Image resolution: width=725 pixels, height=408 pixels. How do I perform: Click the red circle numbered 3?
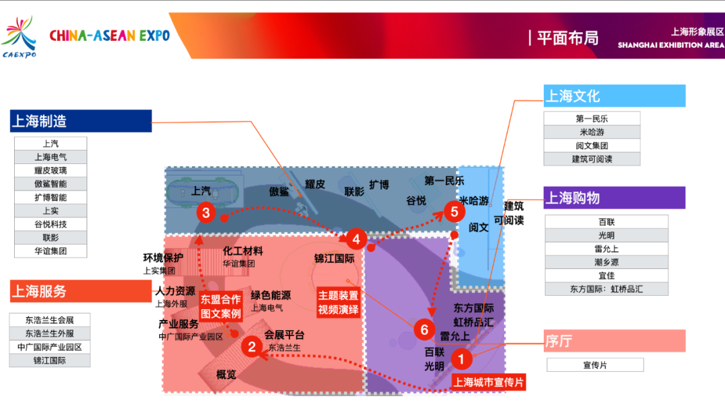pos(206,214)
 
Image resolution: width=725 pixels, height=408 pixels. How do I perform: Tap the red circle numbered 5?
pos(454,212)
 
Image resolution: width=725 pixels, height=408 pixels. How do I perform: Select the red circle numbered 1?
pos(461,359)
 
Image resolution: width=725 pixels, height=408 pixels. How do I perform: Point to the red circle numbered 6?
pos(424,329)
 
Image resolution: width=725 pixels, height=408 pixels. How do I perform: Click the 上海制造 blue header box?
pos(81,121)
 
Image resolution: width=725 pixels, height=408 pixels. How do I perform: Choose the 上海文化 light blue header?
pos(614,96)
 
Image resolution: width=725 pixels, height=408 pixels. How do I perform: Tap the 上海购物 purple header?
pos(614,198)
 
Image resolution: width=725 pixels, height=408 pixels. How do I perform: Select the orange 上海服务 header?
pos(81,291)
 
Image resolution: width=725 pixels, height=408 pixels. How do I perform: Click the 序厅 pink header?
pos(614,341)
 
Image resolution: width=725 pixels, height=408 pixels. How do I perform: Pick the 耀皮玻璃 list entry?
pos(51,170)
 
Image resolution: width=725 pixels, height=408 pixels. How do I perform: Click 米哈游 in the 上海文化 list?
pos(592,132)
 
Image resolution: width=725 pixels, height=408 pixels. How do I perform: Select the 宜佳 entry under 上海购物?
pos(606,276)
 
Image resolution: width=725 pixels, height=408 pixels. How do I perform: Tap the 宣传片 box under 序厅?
pos(595,365)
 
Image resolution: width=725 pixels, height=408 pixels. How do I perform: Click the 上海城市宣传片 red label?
pos(488,382)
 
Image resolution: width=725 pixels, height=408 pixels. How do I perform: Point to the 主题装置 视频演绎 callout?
pos(338,302)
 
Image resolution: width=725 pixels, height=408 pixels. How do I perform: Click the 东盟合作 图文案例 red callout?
pos(220,307)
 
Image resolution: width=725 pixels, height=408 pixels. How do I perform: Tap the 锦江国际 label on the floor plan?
pos(334,258)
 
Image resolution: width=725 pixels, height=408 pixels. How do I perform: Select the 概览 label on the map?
pos(226,374)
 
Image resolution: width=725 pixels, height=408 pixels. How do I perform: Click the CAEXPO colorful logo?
pos(19,37)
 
